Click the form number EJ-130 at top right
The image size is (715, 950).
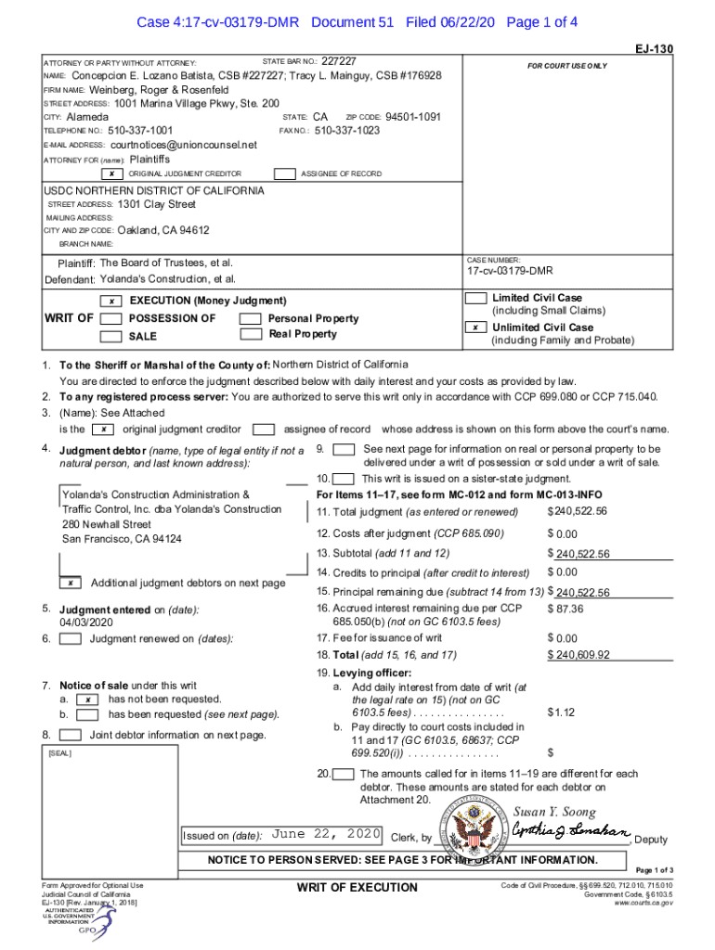[x=655, y=48]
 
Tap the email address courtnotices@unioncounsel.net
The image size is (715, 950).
[x=183, y=145]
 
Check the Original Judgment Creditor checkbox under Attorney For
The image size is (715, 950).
[x=111, y=174]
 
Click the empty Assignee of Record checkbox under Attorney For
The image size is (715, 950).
[x=285, y=174]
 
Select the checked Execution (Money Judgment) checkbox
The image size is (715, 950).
[x=111, y=302]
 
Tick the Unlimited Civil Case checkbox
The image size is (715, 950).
[x=476, y=327]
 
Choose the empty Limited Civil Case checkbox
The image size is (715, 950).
[x=476, y=299]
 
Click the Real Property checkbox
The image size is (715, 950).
[x=250, y=335]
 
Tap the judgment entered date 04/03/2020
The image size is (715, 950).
[x=88, y=623]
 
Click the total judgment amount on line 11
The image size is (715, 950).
[x=578, y=512]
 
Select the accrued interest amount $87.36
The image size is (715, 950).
[x=565, y=609]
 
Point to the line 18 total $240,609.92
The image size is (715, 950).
[x=578, y=654]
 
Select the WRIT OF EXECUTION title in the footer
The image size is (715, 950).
[x=357, y=888]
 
